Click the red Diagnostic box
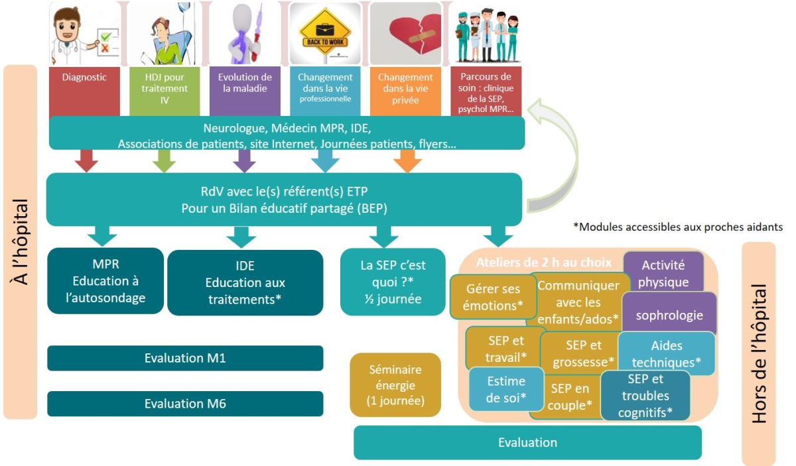coord(84,90)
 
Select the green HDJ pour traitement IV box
coord(165,90)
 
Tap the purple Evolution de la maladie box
coord(245,90)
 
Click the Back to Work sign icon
coord(325,32)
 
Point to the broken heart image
coord(405,32)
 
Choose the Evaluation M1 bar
coord(185,358)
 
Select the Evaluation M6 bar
coord(185,404)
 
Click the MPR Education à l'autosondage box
coord(105,281)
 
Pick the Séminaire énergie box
coord(395,384)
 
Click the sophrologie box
coord(670,316)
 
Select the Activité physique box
coord(663,272)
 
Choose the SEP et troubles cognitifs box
coord(645,396)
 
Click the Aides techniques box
coord(667,354)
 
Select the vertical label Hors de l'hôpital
coord(759,354)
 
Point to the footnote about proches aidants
coord(677,227)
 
